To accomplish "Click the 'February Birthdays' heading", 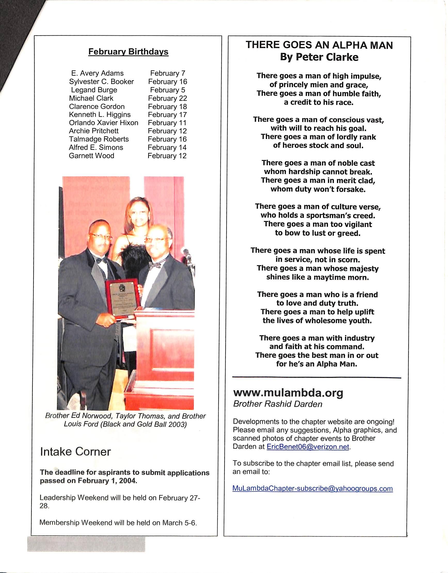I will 128,52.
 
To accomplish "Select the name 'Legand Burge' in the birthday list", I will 94,90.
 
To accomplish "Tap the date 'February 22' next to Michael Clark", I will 167,98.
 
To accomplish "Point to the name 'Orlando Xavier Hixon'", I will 103,123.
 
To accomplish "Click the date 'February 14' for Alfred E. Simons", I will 167,147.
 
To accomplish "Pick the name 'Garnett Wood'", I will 91,156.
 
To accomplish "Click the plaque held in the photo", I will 122,299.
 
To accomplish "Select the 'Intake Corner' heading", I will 75,452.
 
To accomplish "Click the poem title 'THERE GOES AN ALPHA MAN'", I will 319,45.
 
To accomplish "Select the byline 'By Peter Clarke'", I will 319,57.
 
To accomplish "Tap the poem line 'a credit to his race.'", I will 319,102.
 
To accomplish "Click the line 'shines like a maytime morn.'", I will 317,277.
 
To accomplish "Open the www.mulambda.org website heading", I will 288,393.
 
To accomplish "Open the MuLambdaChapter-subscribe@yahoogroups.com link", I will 313,489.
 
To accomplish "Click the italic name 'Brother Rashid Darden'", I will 277,404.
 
